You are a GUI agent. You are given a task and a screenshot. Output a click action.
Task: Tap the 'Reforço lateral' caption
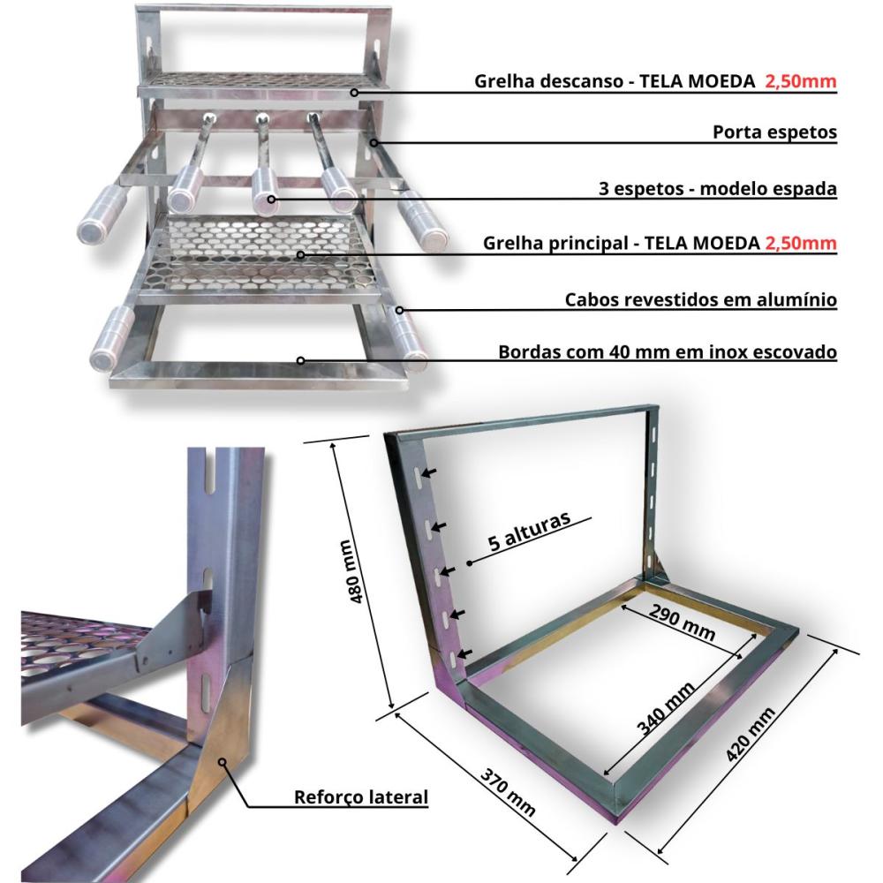360,797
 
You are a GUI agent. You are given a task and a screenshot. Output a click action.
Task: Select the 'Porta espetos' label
774,132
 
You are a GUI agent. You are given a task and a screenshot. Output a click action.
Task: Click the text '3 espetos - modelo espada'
715,189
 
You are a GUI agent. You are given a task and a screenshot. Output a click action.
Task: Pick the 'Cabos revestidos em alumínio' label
701,299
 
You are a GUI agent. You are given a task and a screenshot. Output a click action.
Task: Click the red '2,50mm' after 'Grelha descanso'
800,82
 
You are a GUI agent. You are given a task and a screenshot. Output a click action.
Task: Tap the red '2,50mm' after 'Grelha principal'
800,243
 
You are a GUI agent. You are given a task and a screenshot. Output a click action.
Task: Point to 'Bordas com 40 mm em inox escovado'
668,352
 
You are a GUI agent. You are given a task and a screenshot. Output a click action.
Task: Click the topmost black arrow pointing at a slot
429,473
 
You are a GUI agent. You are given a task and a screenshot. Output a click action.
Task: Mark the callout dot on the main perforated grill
301,255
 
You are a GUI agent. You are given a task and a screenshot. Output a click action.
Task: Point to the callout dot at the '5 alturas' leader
470,562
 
